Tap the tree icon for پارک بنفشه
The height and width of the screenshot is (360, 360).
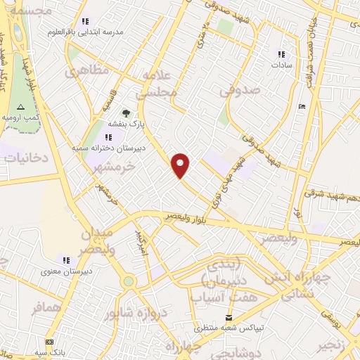126,112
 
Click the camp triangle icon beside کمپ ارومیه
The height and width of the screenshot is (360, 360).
20,107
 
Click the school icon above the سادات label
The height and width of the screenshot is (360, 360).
281,54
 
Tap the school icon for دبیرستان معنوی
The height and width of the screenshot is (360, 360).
67,259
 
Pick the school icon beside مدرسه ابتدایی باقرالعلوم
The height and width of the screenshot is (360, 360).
85,21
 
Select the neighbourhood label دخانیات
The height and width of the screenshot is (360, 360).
25,158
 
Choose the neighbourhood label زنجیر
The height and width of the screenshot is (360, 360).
335,345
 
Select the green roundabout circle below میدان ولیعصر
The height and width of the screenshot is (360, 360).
128,281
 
